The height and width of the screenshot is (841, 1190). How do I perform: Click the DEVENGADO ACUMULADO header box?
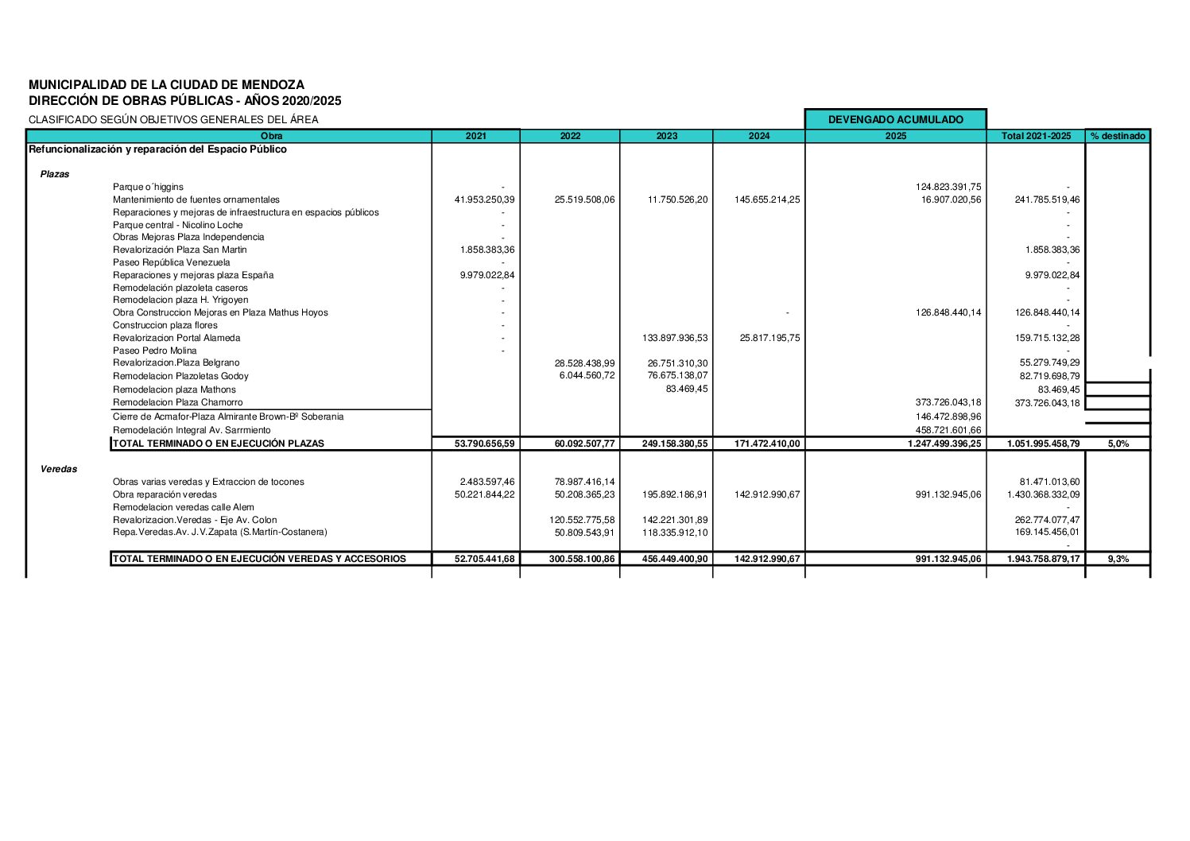tap(895, 120)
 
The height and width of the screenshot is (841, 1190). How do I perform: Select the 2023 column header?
tap(666, 136)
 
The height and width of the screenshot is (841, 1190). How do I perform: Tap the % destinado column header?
tap(1118, 136)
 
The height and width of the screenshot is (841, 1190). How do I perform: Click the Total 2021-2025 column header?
tap(1036, 136)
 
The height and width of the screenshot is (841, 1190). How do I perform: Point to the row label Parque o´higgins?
tap(148, 187)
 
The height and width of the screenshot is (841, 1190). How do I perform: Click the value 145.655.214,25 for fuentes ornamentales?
tap(767, 200)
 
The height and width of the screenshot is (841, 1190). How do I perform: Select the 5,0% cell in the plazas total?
tap(1118, 444)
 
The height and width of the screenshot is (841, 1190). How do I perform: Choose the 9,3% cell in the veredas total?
tap(1118, 559)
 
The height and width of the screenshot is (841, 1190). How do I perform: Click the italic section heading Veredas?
tap(59, 469)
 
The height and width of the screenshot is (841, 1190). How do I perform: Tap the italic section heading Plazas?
tap(55, 174)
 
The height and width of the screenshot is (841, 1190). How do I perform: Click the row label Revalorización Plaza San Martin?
tap(180, 250)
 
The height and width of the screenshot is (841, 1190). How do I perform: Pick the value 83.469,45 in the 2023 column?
tap(686, 389)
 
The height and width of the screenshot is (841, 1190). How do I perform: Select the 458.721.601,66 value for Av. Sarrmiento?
tap(948, 430)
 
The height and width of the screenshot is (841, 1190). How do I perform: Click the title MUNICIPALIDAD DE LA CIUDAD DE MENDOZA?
tap(166, 84)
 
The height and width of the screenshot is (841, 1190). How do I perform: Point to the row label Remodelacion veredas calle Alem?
tap(184, 507)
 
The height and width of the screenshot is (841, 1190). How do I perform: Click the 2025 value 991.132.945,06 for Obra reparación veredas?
tap(948, 494)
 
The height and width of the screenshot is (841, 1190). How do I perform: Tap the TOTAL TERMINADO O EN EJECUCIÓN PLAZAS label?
tap(219, 444)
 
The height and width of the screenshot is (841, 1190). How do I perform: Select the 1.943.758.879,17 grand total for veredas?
tap(1043, 559)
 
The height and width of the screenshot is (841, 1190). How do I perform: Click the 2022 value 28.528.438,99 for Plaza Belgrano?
tap(584, 362)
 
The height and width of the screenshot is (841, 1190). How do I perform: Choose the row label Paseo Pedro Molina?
tap(155, 351)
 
